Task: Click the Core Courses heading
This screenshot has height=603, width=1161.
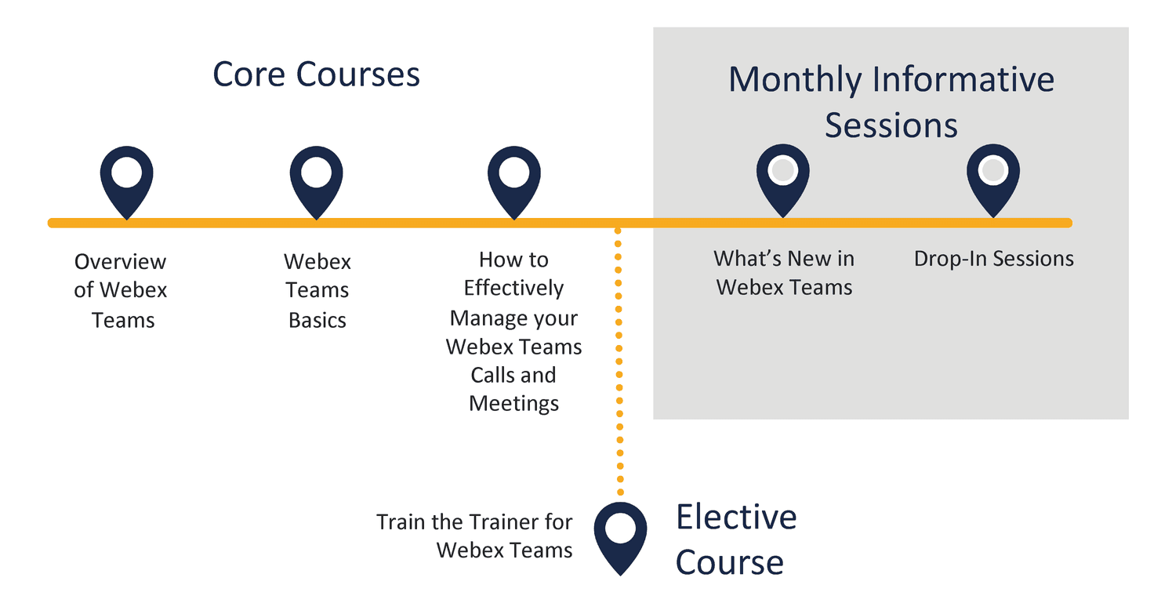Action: click(316, 74)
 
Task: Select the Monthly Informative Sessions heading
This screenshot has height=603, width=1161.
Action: click(891, 102)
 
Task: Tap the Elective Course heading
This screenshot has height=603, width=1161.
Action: click(736, 539)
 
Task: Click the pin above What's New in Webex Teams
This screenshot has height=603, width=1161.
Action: click(782, 180)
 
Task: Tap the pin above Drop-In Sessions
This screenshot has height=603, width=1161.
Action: click(993, 180)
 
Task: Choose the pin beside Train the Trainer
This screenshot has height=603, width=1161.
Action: click(620, 538)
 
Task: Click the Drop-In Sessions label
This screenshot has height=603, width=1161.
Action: click(993, 259)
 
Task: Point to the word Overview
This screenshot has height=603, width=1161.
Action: click(120, 261)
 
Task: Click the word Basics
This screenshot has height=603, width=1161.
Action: click(317, 321)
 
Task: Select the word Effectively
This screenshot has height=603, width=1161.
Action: click(513, 289)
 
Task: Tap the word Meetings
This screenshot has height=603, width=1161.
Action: click(513, 404)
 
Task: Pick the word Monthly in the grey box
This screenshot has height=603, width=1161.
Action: click(795, 80)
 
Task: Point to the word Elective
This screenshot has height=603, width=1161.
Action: click(737, 517)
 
